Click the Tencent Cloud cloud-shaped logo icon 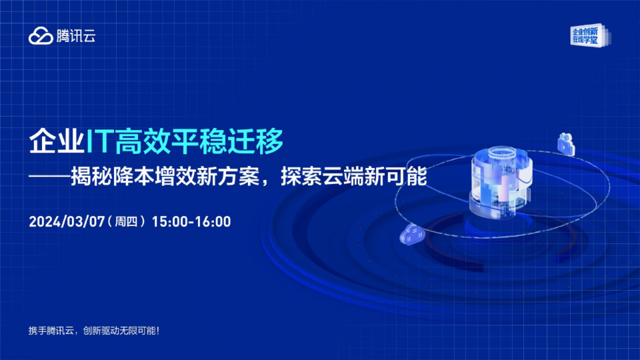(x=41, y=36)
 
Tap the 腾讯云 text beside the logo (x=76, y=36)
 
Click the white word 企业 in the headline (x=57, y=141)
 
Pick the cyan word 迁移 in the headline (x=255, y=141)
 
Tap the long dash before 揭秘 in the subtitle (x=49, y=177)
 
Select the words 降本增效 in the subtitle (x=155, y=177)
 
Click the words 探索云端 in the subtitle (x=323, y=177)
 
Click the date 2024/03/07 (x=67, y=221)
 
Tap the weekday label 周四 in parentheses (x=126, y=221)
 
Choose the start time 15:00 (x=169, y=221)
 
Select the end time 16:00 (x=213, y=221)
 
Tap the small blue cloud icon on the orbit (x=412, y=235)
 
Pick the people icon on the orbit (x=567, y=144)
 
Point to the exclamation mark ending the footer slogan (x=158, y=331)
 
